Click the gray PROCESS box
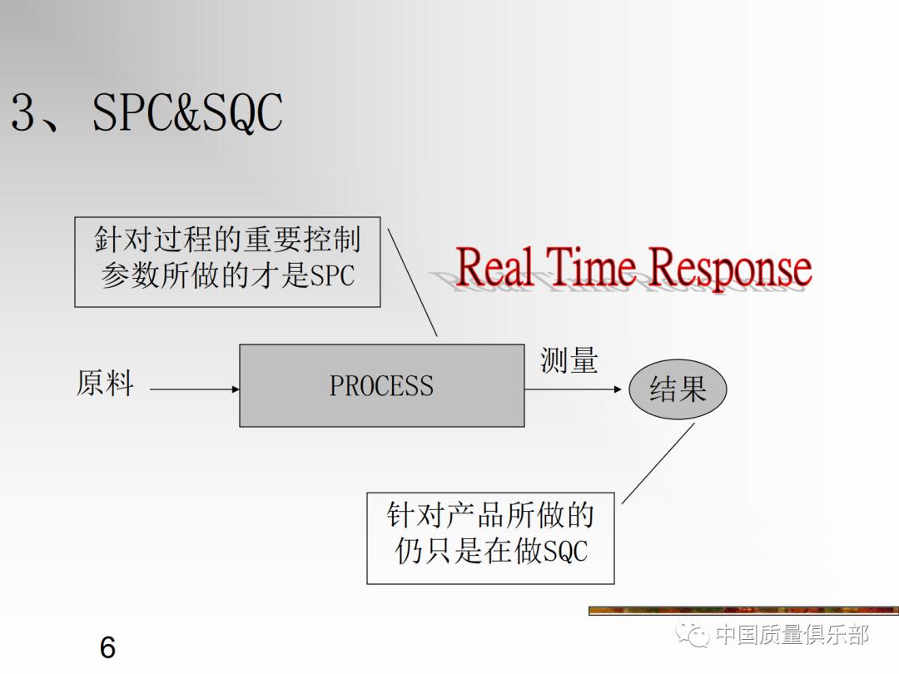381,385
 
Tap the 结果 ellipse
678,389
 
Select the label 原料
105,384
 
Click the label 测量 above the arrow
569,360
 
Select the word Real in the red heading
496,268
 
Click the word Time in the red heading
594,268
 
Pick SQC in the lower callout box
565,552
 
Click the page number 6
107,647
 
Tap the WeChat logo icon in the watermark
693,636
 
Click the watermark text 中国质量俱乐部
792,636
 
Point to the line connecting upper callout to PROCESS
413,284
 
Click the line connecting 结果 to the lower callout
658,463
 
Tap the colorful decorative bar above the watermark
743,611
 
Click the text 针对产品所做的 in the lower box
490,516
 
